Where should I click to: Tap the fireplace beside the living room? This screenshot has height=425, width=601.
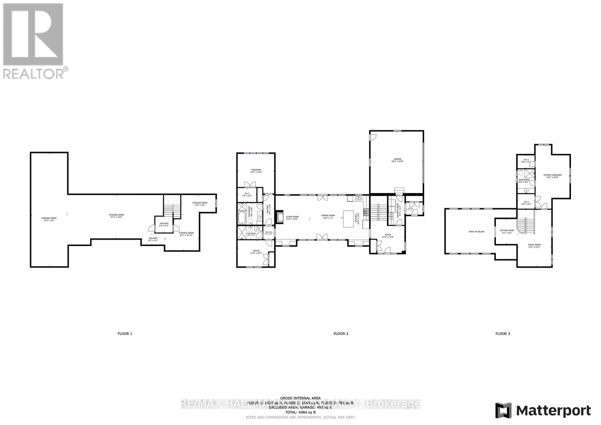point(279,217)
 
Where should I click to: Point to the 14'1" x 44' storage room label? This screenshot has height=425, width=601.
point(49,219)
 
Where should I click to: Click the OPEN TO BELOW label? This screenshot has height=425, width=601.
point(476,232)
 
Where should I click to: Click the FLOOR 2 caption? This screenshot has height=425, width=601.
point(341,333)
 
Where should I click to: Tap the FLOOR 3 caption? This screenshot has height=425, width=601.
point(503,333)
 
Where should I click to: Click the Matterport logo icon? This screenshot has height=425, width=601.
point(503,410)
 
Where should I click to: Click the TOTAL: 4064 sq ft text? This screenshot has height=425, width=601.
point(300,412)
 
